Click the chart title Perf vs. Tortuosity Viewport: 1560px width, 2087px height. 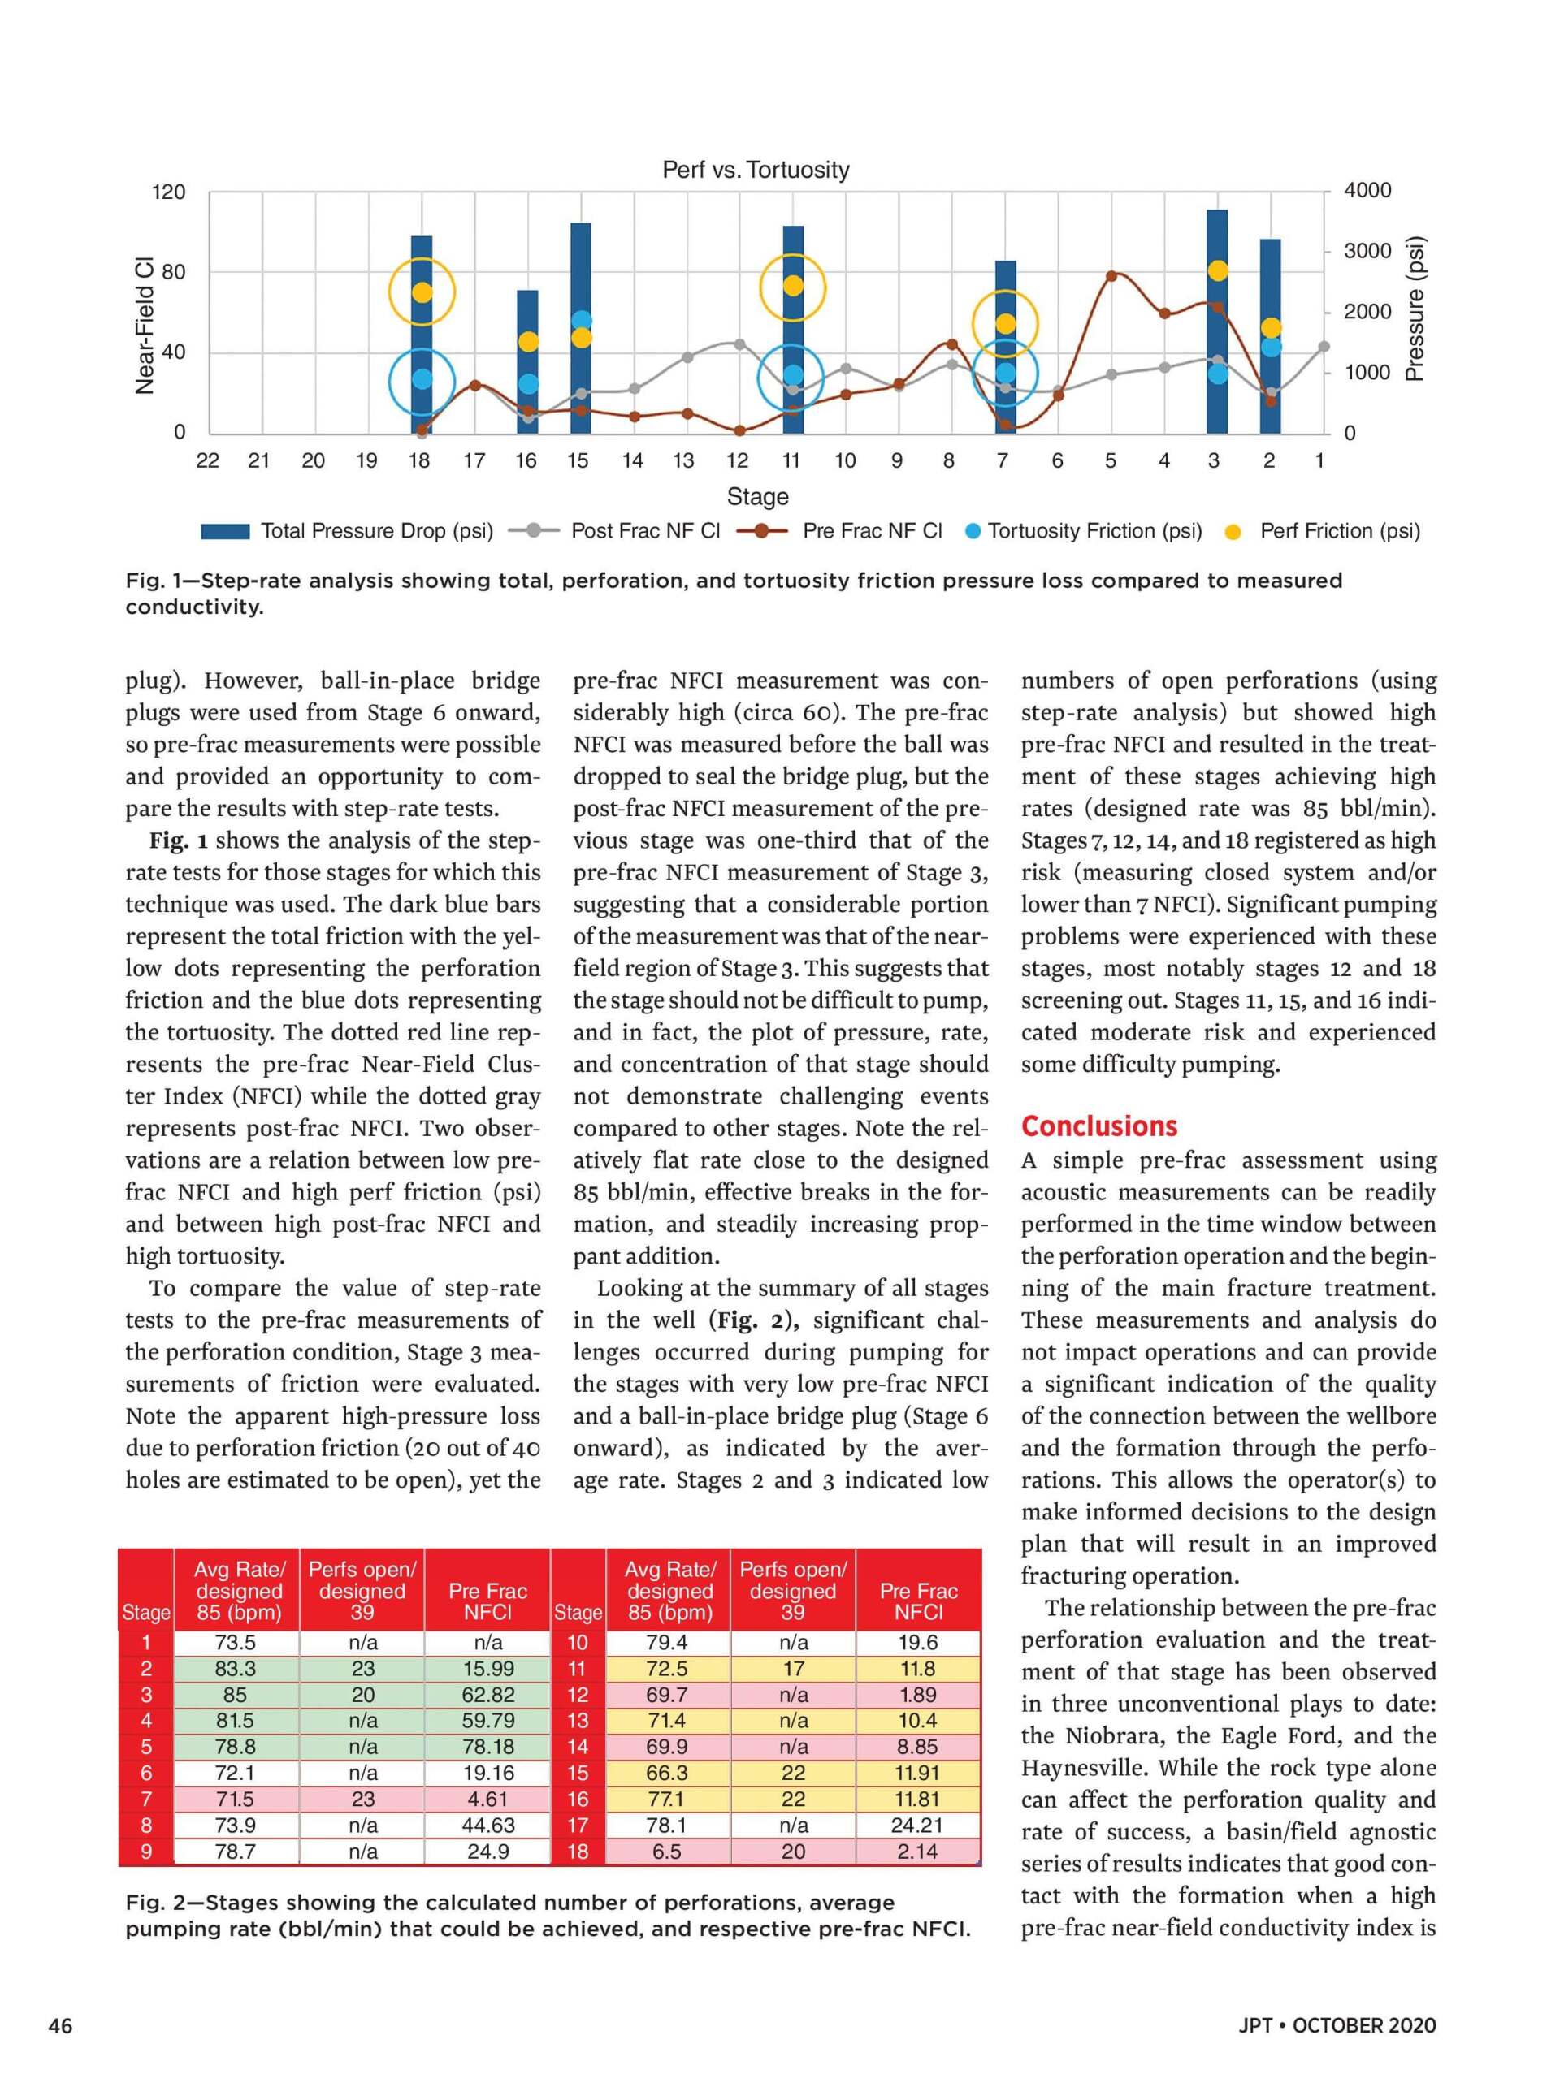[x=755, y=170]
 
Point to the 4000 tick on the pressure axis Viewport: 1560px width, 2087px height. [x=1367, y=191]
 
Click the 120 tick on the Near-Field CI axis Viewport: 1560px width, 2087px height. [x=169, y=192]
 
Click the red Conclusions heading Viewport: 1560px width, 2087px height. [x=1098, y=1126]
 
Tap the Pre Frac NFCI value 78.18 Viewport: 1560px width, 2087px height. [x=487, y=1747]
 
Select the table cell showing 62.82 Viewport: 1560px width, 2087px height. [x=487, y=1695]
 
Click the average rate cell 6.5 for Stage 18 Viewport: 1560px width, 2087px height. [x=666, y=1852]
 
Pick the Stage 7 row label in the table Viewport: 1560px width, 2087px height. [x=146, y=1800]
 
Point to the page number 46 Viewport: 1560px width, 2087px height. [x=60, y=2025]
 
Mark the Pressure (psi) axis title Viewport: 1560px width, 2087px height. [x=1414, y=309]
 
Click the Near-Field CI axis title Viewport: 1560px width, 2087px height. [x=145, y=326]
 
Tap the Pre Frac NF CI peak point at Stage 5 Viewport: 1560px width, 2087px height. [x=1111, y=275]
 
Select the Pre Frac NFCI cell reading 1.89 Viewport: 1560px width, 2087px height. [x=917, y=1695]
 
